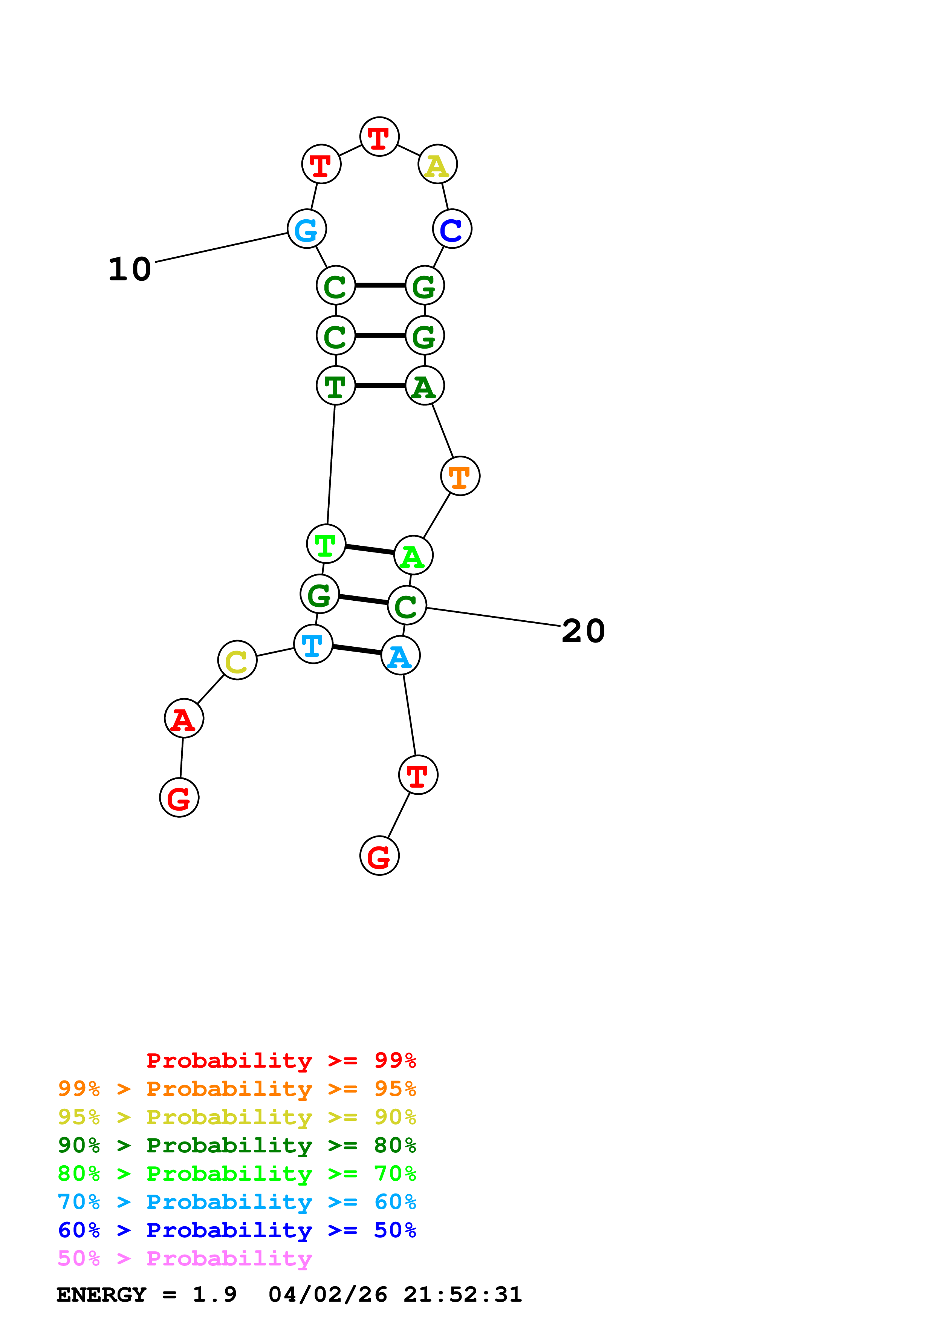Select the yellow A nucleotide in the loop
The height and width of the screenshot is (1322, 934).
(437, 165)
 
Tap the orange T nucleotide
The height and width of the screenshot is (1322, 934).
(460, 476)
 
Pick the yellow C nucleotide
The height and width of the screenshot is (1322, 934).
(237, 660)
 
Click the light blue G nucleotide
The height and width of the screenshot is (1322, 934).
(307, 229)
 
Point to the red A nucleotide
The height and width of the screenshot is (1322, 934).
(183, 719)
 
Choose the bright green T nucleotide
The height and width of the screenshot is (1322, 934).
(326, 544)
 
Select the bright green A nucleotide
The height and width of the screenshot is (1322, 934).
(413, 555)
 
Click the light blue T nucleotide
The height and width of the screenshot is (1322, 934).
(313, 644)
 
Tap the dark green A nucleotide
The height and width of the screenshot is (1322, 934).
(425, 386)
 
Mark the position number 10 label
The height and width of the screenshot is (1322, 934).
(130, 269)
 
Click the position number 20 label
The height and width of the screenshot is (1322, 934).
(583, 631)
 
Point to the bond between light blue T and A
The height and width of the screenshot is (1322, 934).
(357, 650)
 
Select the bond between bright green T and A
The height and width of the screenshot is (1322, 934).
(370, 550)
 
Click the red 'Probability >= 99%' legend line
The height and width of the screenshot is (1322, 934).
(281, 1060)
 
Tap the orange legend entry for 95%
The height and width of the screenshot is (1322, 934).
(237, 1088)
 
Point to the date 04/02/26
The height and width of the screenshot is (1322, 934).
(327, 1294)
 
